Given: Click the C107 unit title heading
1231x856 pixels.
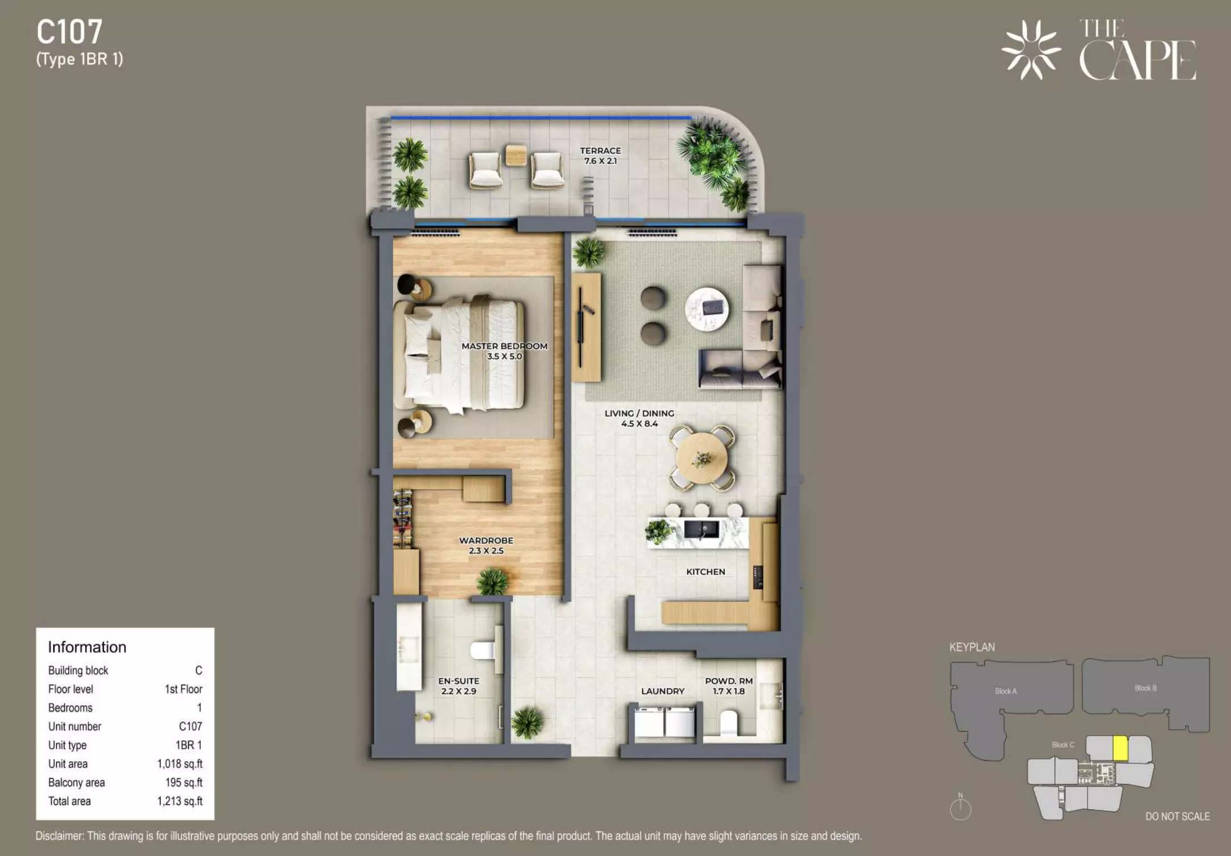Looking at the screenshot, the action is [x=70, y=32].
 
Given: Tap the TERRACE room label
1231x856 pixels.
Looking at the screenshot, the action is [x=600, y=150].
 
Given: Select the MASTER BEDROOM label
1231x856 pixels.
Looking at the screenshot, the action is [x=504, y=346].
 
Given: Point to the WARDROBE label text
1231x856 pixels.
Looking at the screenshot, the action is [x=486, y=540].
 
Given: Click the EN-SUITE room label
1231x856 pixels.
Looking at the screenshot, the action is [x=458, y=681].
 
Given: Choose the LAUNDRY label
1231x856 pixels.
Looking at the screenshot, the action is [x=663, y=691].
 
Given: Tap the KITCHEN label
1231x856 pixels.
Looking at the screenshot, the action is [x=706, y=572].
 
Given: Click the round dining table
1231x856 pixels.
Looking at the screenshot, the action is [x=702, y=458].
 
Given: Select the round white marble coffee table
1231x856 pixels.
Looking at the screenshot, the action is [x=707, y=309].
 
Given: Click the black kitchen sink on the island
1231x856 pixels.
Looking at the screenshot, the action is [x=701, y=530].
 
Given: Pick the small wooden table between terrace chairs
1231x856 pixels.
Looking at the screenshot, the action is [x=516, y=155].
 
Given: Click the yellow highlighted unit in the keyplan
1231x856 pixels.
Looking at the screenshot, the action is [x=1120, y=748].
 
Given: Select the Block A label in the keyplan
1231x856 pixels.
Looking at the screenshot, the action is [x=1006, y=691].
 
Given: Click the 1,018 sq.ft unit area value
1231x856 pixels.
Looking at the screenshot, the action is [x=180, y=763].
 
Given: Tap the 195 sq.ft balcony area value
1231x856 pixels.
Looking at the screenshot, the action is [x=184, y=782].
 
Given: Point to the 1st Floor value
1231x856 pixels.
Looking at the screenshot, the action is [x=183, y=689].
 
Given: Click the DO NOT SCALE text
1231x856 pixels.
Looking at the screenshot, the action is [x=1178, y=816].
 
